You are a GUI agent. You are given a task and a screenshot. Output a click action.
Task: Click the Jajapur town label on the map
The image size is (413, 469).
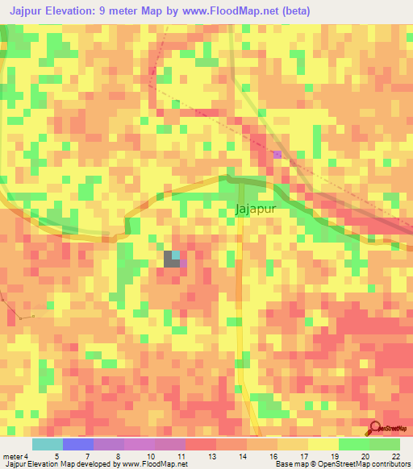(255, 208)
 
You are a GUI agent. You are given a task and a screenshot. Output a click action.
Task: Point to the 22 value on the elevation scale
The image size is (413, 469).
(395, 456)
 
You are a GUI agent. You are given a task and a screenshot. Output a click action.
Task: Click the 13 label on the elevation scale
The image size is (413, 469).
(211, 456)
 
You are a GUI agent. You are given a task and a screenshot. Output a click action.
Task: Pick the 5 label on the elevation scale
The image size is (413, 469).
(56, 456)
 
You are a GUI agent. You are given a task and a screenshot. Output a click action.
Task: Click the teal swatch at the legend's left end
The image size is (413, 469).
(47, 444)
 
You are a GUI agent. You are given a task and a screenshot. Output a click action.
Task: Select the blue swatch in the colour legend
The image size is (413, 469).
(77, 444)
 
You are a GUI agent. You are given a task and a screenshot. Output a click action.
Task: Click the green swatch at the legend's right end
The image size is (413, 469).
(384, 444)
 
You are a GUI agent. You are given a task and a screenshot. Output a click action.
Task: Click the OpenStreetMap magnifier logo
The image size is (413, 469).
(375, 428)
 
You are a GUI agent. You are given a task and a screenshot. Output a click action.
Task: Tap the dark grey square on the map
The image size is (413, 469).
(170, 259)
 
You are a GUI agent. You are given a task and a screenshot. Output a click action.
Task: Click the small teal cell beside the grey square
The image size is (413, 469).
(176, 255)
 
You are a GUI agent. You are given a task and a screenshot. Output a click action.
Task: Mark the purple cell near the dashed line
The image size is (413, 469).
(277, 154)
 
